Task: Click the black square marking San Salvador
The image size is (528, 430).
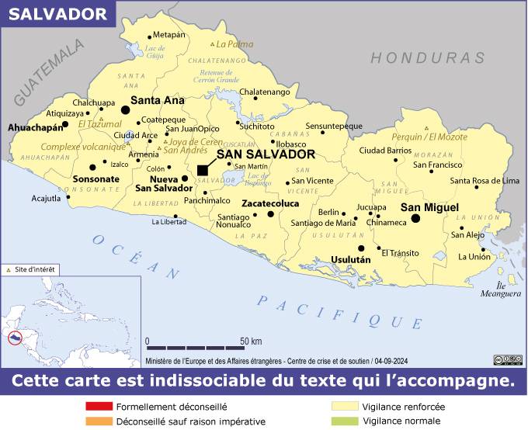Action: click(x=203, y=170)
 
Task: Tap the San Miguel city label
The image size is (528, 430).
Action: click(x=429, y=207)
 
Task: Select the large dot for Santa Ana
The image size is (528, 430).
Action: click(x=126, y=111)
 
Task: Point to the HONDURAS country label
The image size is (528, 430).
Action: click(x=427, y=58)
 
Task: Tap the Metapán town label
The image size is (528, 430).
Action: click(x=169, y=35)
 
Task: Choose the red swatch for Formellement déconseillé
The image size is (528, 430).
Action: click(x=99, y=406)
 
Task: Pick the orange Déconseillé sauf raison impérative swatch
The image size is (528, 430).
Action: click(x=99, y=421)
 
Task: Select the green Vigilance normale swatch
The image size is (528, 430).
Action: click(x=345, y=421)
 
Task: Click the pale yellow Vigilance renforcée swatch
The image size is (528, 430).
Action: click(x=345, y=406)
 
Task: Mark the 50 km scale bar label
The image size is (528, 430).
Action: click(x=250, y=341)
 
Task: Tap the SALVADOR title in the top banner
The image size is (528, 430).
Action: click(x=58, y=13)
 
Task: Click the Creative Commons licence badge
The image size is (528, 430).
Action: click(x=507, y=359)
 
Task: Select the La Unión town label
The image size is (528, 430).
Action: click(x=474, y=257)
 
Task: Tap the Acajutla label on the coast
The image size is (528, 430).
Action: click(x=46, y=198)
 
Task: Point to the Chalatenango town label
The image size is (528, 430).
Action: click(x=264, y=92)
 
